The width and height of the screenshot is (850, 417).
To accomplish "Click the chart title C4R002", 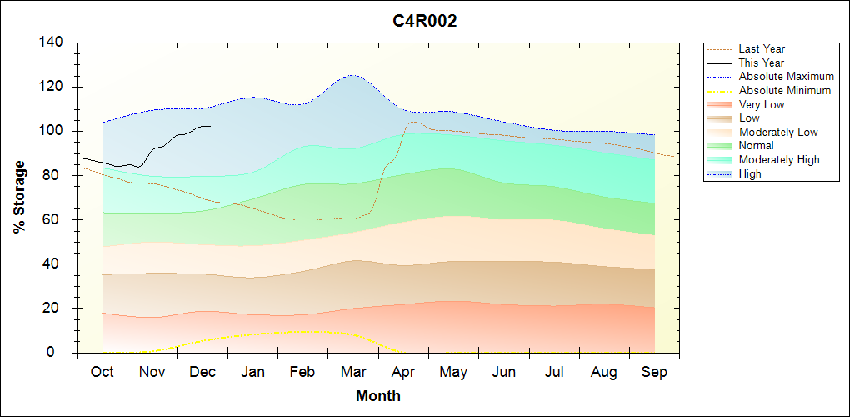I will tap(425, 22).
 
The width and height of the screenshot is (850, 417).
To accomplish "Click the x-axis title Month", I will tap(378, 396).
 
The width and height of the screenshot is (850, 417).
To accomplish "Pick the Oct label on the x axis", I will tap(102, 372).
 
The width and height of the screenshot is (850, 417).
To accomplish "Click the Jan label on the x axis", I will tap(252, 372).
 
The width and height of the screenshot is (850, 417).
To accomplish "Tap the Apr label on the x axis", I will tap(404, 372).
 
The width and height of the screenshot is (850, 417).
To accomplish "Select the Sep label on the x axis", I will tap(654, 372).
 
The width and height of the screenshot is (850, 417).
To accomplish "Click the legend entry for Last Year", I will tap(761, 49).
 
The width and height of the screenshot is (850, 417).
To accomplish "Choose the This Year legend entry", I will tap(761, 63).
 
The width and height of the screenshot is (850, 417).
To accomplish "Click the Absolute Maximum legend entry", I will tap(786, 77).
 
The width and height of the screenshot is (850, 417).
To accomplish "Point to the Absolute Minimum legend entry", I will tap(785, 90).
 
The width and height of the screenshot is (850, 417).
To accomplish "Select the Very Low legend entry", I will tap(762, 104).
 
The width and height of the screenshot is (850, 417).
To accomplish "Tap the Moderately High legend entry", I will tap(779, 159).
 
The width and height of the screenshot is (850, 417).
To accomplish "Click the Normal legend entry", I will tap(756, 146).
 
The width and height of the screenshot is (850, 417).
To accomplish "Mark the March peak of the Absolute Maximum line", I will tap(352, 75).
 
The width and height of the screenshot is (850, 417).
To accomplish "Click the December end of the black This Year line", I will tap(210, 126).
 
